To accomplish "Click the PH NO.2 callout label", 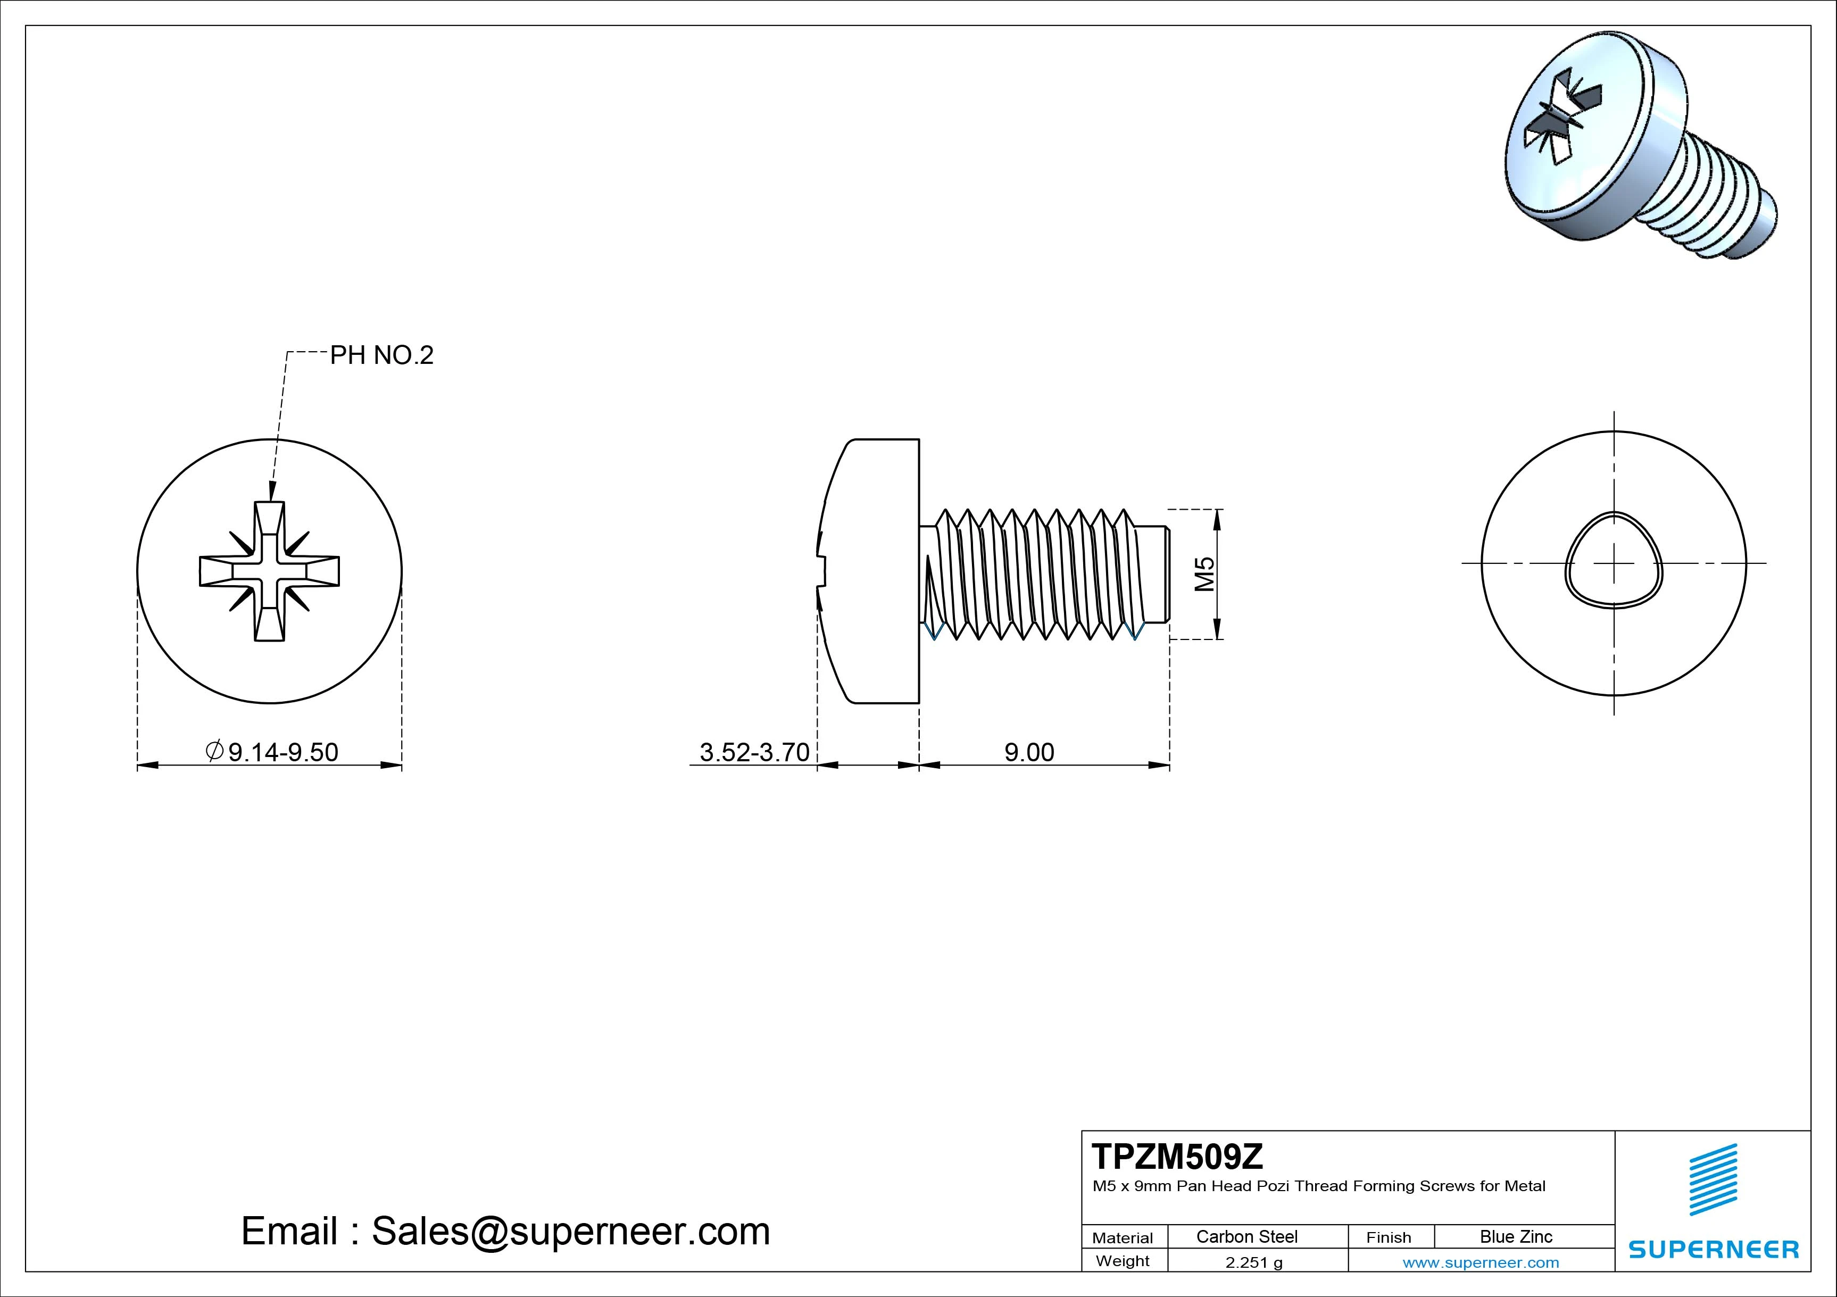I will (381, 355).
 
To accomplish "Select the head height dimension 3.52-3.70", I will (754, 752).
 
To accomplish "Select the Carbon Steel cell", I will (1246, 1236).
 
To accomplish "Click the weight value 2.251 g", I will (1254, 1262).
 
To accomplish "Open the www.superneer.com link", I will (1480, 1262).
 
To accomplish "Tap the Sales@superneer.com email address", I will (570, 1231).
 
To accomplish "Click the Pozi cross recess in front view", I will (270, 571).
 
